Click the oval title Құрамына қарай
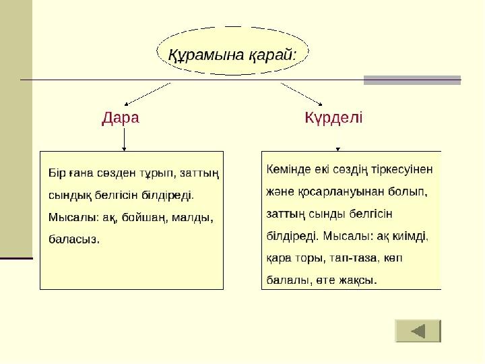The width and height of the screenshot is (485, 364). coord(232,55)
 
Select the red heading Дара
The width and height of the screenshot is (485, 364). coord(121,117)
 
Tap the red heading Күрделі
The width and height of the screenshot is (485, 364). coord(333,117)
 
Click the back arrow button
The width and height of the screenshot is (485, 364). coord(418,331)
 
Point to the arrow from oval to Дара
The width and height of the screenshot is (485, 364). coord(148,94)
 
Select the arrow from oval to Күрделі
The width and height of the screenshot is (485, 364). coord(302,94)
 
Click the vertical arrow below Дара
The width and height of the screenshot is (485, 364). coord(124,140)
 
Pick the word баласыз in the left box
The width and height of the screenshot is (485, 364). coord(74,239)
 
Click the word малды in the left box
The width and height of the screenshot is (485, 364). coord(193,218)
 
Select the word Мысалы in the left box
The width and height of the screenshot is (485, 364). coord(72,218)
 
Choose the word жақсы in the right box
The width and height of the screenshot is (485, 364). coord(358,280)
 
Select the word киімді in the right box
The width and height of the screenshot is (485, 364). coord(410,236)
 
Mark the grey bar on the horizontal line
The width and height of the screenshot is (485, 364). coord(412,80)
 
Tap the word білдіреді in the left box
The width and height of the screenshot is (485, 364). coord(168,195)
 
